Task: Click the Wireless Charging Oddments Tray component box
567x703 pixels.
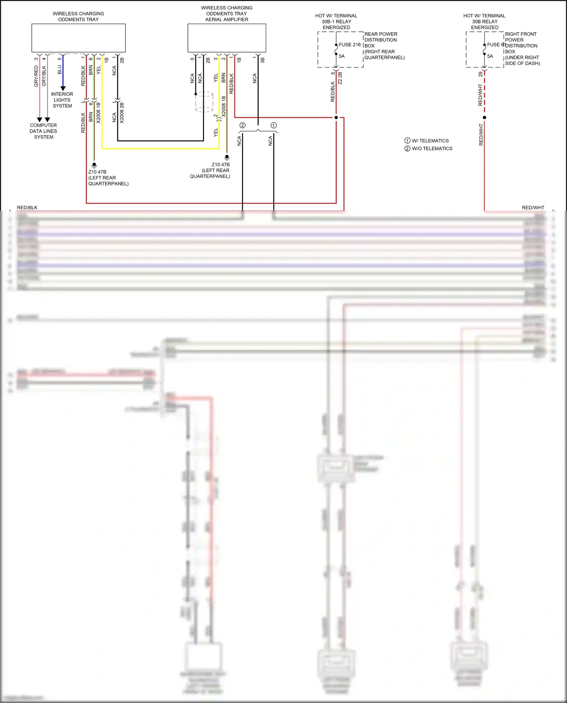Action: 78,38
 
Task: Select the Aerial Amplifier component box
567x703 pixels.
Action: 227,38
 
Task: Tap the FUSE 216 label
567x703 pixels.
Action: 350,45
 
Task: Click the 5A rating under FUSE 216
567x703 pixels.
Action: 342,56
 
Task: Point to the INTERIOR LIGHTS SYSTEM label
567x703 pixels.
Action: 62,100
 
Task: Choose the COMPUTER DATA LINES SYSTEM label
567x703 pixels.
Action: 43,131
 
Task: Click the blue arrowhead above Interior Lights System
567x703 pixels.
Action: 63,88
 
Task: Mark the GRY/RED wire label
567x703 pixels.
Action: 36,76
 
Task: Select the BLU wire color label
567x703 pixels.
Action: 59,70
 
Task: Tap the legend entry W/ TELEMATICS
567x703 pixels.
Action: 430,141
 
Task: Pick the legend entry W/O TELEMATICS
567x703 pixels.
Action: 432,148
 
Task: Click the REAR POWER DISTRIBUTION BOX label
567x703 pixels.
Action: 384,46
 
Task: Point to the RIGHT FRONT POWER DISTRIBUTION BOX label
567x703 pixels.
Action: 522,48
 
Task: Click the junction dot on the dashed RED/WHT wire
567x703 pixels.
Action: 485,117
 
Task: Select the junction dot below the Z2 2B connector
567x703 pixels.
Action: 336,117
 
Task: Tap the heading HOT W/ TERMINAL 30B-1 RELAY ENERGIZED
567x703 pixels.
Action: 336,22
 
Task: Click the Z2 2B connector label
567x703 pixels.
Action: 340,78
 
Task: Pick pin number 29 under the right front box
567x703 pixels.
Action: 480,74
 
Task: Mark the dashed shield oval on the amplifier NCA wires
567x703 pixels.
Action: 204,102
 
